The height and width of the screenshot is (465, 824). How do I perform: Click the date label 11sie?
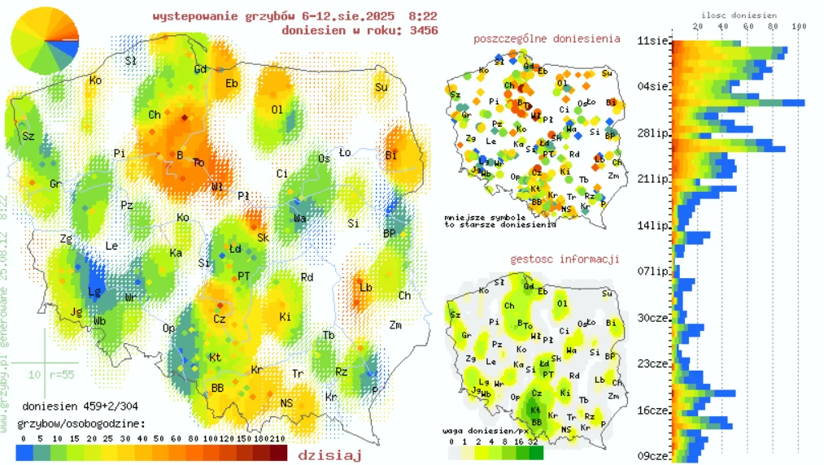[653, 40]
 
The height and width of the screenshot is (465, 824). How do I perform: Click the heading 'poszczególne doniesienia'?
[546, 38]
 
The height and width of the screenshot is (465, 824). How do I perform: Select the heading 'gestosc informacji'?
[565, 259]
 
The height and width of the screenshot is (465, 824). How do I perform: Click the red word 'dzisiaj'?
[329, 454]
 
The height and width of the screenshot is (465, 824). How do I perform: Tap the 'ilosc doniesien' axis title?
[738, 15]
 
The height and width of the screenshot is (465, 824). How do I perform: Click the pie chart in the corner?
[45, 40]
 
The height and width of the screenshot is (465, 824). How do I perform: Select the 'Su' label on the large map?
[381, 87]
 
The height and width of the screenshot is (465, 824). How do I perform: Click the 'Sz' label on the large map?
[28, 136]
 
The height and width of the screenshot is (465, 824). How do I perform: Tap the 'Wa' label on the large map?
[299, 218]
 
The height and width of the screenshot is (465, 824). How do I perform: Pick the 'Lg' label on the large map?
[94, 291]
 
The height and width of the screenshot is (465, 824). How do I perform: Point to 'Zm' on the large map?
[395, 325]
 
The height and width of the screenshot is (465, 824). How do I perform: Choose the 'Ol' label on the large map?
[277, 110]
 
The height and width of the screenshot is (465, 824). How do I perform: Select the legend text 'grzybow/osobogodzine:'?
[81, 424]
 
